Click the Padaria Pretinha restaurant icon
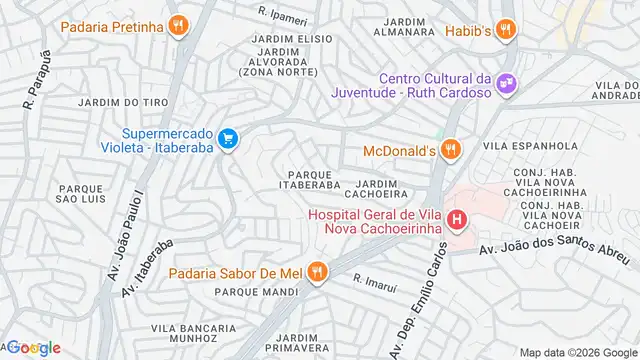click(x=178, y=25)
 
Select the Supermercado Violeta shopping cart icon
click(x=228, y=138)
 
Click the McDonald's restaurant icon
click(x=451, y=150)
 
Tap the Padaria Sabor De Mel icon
click(x=317, y=270)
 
